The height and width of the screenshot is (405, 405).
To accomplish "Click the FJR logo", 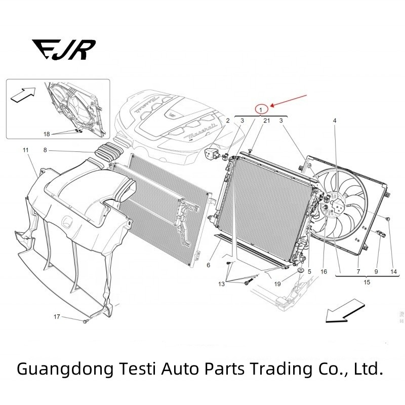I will click(64, 50).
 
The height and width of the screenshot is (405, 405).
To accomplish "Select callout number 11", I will click(26, 150).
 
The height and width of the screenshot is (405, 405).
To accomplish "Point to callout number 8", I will click(45, 150).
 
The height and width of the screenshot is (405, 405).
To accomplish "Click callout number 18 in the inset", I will click(47, 134).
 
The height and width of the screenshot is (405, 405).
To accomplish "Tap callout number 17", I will click(57, 317).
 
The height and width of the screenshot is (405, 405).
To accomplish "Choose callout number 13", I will click(222, 284).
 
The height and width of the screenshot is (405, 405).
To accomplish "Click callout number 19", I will click(277, 284).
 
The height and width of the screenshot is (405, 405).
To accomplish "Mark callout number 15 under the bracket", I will click(367, 282).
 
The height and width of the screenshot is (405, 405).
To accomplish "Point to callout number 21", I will click(266, 120).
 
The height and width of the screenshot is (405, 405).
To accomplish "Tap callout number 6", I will click(208, 265).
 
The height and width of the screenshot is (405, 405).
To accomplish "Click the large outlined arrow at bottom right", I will click(346, 312).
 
